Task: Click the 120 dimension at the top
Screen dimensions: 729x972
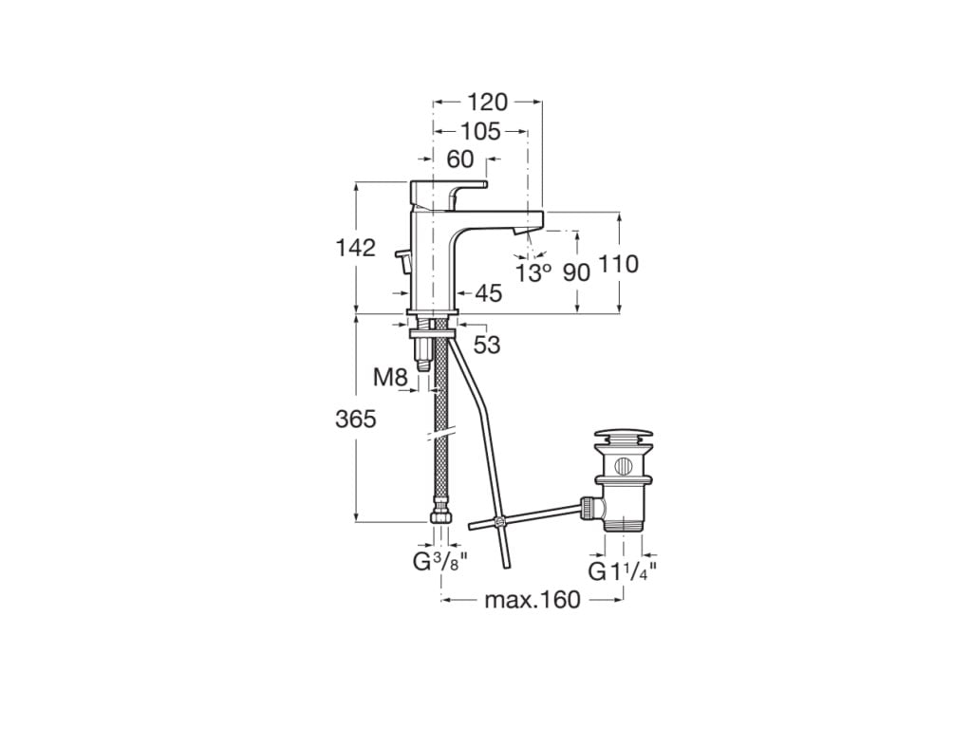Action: (487, 102)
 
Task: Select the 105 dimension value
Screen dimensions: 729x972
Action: (480, 131)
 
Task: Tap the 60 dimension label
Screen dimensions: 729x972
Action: (460, 159)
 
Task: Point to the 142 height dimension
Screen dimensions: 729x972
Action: (355, 249)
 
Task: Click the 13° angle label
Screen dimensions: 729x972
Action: (533, 272)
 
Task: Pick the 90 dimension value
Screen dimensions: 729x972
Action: (576, 272)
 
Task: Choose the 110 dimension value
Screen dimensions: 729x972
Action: (621, 264)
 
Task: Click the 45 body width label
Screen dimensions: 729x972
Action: (488, 294)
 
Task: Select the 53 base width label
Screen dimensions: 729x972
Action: (486, 346)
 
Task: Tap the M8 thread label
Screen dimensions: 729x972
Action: (389, 378)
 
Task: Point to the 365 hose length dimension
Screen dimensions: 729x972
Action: (356, 419)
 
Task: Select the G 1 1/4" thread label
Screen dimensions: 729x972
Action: (623, 571)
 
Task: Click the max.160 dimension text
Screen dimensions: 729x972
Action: (533, 600)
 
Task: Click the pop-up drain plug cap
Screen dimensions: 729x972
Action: (623, 439)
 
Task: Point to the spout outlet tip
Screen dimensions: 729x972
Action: (518, 231)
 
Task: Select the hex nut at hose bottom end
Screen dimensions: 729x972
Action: (440, 521)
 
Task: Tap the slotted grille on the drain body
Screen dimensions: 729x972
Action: (623, 467)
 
